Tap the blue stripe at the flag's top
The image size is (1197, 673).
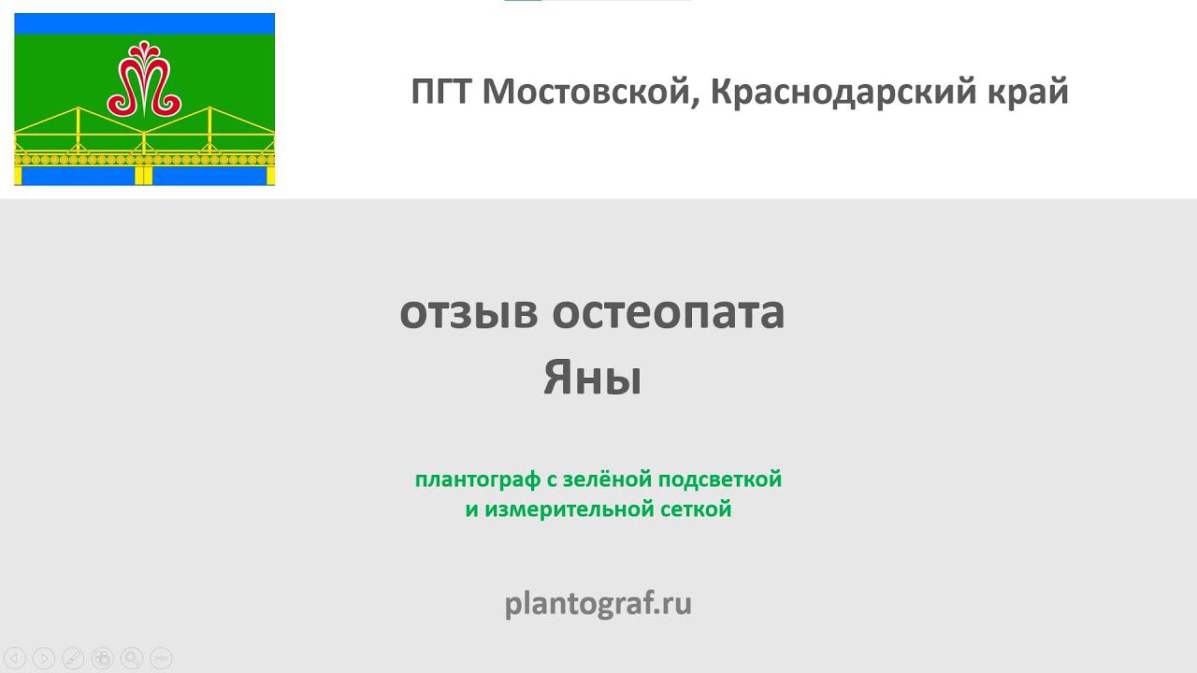click(144, 23)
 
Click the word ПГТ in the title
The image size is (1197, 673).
click(441, 92)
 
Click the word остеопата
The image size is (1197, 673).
click(668, 312)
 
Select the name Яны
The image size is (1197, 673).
click(592, 378)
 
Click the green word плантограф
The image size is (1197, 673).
click(477, 480)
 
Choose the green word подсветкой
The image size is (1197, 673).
click(720, 480)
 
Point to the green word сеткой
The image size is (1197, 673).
click(700, 509)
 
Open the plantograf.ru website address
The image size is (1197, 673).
click(598, 604)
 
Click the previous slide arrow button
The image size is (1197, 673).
click(15, 658)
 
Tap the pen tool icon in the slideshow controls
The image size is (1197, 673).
click(73, 658)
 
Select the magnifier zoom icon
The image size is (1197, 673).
click(132, 658)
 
